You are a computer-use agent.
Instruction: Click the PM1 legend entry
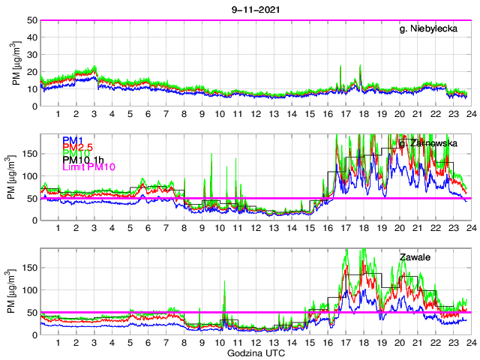(x=73, y=140)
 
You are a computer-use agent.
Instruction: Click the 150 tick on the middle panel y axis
(x=29, y=153)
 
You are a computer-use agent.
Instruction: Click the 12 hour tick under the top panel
(x=256, y=114)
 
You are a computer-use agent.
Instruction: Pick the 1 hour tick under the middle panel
(x=58, y=228)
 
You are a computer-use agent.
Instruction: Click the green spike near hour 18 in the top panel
(x=361, y=66)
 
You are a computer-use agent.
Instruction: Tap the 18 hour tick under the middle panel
(x=363, y=228)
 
